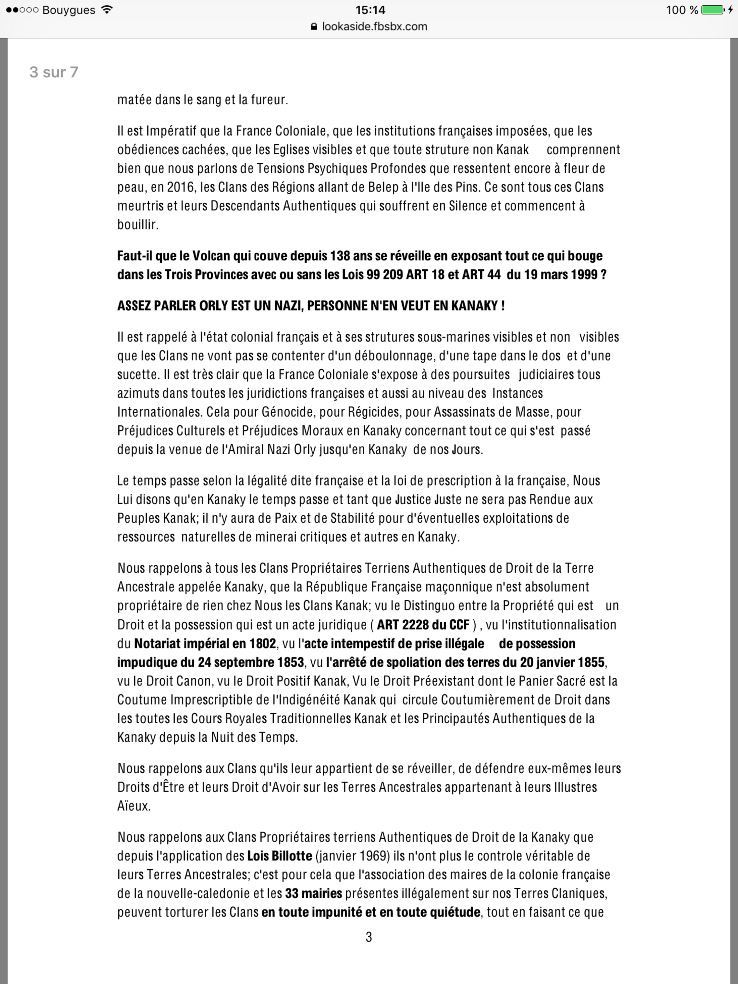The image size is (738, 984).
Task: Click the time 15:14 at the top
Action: tap(370, 10)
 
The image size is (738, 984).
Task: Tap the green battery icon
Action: tap(712, 10)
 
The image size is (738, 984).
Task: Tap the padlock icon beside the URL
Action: tap(314, 27)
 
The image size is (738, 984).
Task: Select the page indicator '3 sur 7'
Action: tap(54, 72)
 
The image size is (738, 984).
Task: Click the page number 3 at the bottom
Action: tap(369, 937)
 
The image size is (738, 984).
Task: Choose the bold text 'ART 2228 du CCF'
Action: tap(423, 625)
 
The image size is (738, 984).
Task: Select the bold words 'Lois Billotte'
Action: tap(280, 856)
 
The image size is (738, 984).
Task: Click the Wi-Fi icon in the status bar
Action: tap(107, 10)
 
